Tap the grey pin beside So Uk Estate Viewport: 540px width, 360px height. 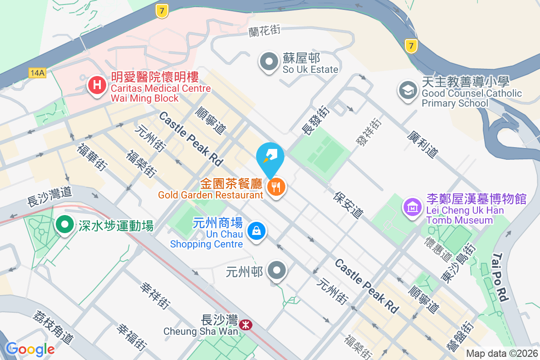270,62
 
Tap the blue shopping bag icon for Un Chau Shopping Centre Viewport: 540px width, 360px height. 256,231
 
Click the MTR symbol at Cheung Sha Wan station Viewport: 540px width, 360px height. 246,324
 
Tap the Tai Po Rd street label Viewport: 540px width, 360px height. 500,277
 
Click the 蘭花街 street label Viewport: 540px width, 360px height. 264,31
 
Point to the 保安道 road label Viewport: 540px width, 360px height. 348,205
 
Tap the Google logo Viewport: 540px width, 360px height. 30,349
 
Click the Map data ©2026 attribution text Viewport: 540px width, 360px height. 502,354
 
